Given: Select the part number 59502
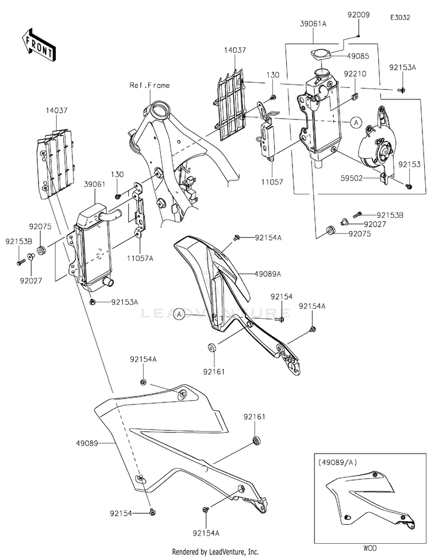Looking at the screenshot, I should tap(350, 179).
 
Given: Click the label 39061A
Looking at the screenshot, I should tap(314, 24).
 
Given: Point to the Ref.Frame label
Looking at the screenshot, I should tap(149, 85).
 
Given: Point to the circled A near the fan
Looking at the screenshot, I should tap(355, 122).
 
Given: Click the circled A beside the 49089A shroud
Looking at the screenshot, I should tap(179, 314).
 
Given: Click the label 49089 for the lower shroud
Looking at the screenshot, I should tap(86, 444).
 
